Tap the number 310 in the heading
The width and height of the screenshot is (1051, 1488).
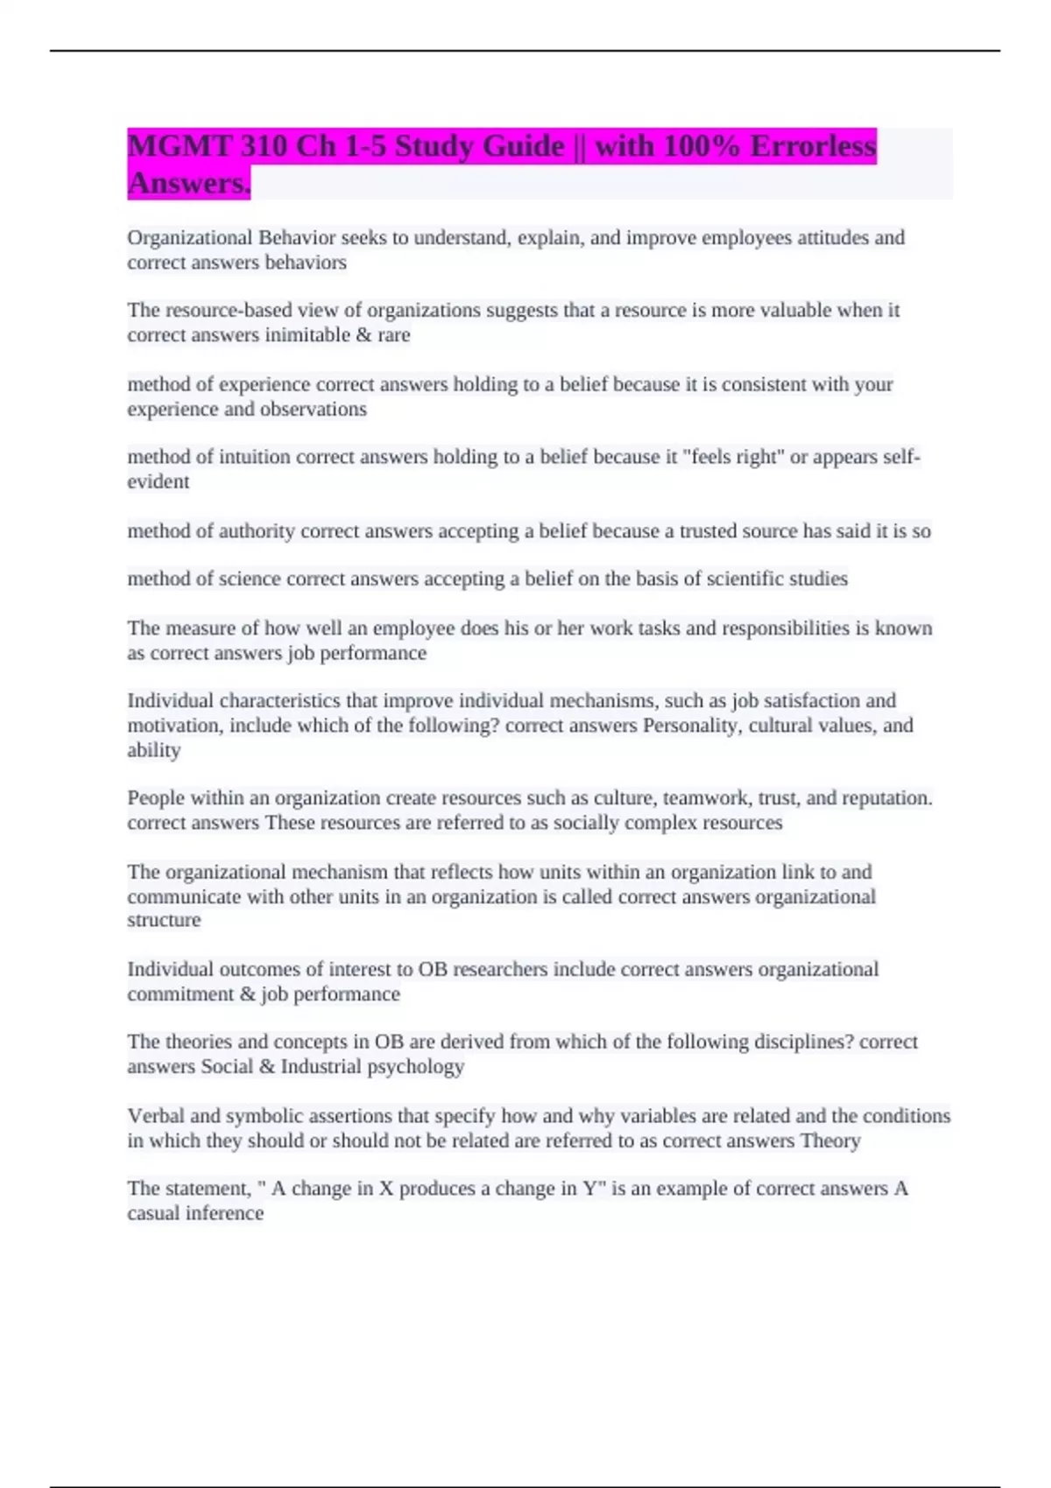(x=262, y=145)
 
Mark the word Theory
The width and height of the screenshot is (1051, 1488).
(x=830, y=1141)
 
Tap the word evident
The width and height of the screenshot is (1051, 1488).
(x=159, y=482)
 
